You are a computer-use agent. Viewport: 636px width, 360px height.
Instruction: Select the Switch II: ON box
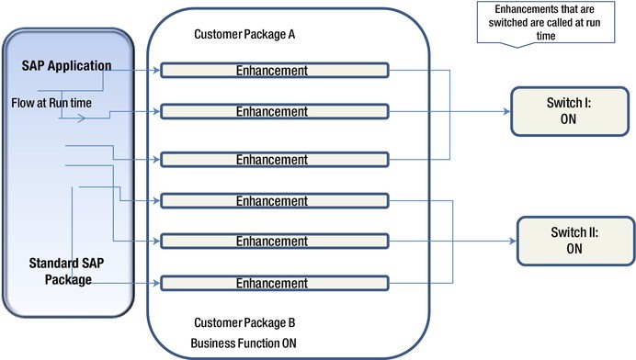[x=574, y=241]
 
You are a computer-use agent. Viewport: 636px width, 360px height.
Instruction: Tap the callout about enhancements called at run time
[x=527, y=21]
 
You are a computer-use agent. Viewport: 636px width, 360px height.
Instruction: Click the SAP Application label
[x=67, y=66]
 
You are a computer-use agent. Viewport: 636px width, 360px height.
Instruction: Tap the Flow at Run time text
[x=51, y=102]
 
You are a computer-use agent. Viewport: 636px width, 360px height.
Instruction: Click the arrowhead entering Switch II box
[x=514, y=242]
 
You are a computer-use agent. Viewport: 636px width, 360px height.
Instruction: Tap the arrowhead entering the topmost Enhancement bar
[x=156, y=70]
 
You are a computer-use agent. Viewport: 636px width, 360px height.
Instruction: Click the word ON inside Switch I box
[x=566, y=119]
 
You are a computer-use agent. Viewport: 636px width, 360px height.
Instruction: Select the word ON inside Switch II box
[x=574, y=249]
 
